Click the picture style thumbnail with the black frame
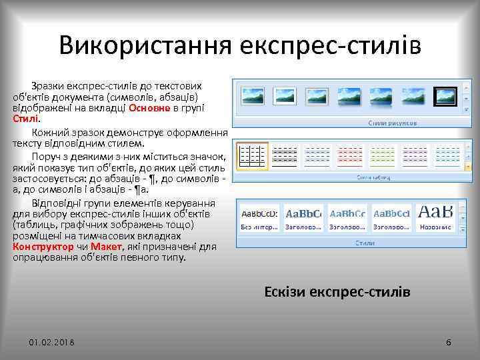(x=444, y=97)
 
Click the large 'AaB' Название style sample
(x=435, y=217)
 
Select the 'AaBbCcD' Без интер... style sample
(x=259, y=217)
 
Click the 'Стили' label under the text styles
(x=363, y=243)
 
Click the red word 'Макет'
(x=105, y=247)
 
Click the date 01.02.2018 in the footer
(x=51, y=342)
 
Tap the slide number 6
(x=448, y=342)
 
